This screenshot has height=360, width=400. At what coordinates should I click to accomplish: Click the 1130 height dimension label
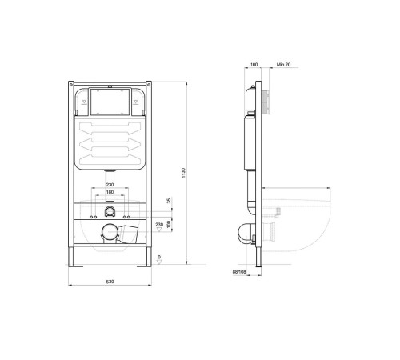pos(183,173)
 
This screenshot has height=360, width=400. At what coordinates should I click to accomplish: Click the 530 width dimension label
pos(110,282)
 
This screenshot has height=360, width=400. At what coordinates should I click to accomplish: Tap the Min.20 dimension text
pos(283,65)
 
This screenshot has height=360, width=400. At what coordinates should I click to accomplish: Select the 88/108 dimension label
pos(239,272)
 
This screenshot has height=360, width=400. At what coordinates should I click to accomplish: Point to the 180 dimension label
pos(110,192)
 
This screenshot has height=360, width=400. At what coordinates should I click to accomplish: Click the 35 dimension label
pos(169,201)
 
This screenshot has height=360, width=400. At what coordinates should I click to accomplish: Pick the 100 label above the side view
pos(254,65)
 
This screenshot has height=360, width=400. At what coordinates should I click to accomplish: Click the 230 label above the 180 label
pos(110,185)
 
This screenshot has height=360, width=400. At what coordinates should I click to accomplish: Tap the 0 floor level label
pos(159,257)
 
